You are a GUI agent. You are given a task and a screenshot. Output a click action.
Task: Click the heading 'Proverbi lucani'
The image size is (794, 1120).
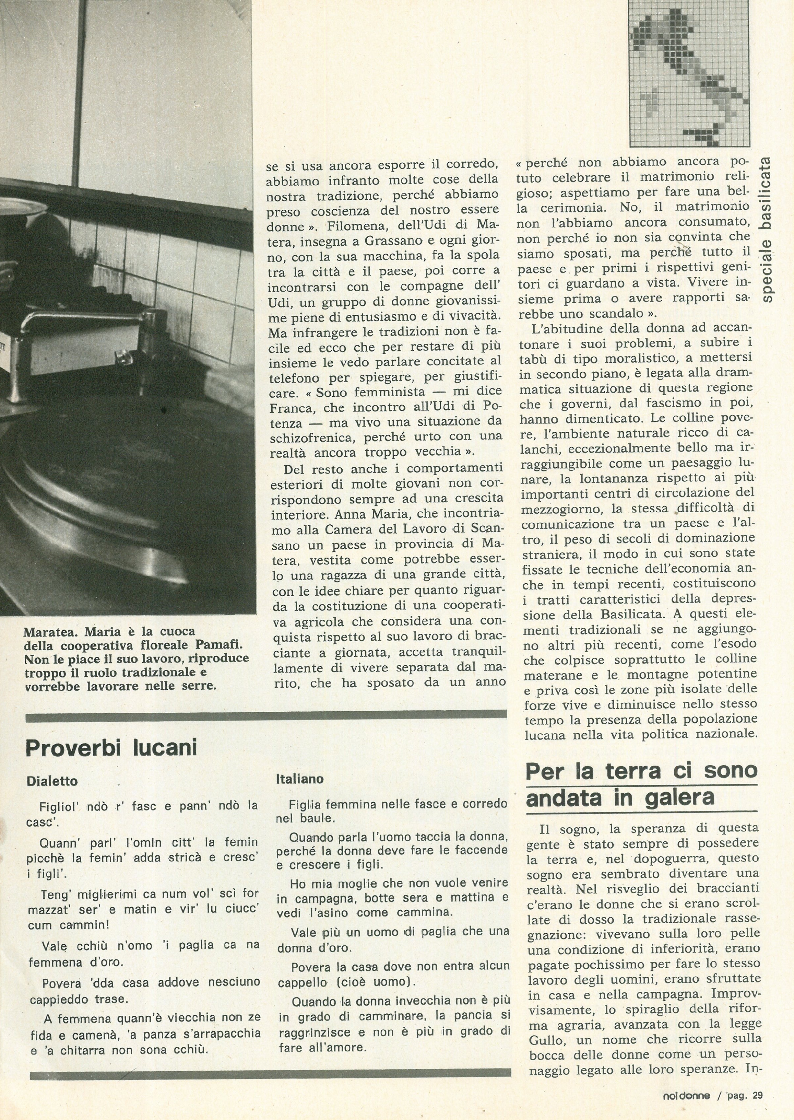tap(111, 748)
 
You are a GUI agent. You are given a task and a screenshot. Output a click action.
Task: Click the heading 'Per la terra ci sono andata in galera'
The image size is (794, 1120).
tap(641, 784)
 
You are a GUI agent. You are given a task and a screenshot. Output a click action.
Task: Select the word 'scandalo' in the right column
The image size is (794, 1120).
tap(601, 313)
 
